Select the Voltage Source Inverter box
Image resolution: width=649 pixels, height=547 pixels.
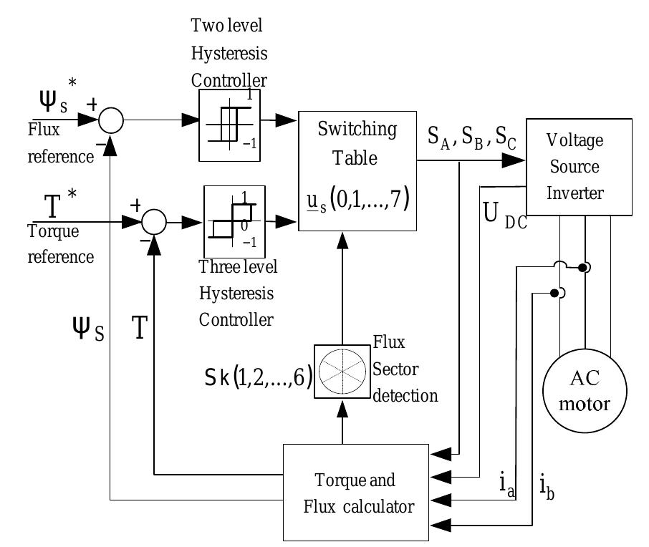pyautogui.click(x=579, y=166)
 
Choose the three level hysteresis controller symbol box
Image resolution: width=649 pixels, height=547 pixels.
pyautogui.click(x=229, y=221)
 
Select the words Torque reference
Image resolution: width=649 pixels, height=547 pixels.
pyautogui.click(x=60, y=244)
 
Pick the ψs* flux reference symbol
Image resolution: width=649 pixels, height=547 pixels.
pyautogui.click(x=54, y=107)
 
